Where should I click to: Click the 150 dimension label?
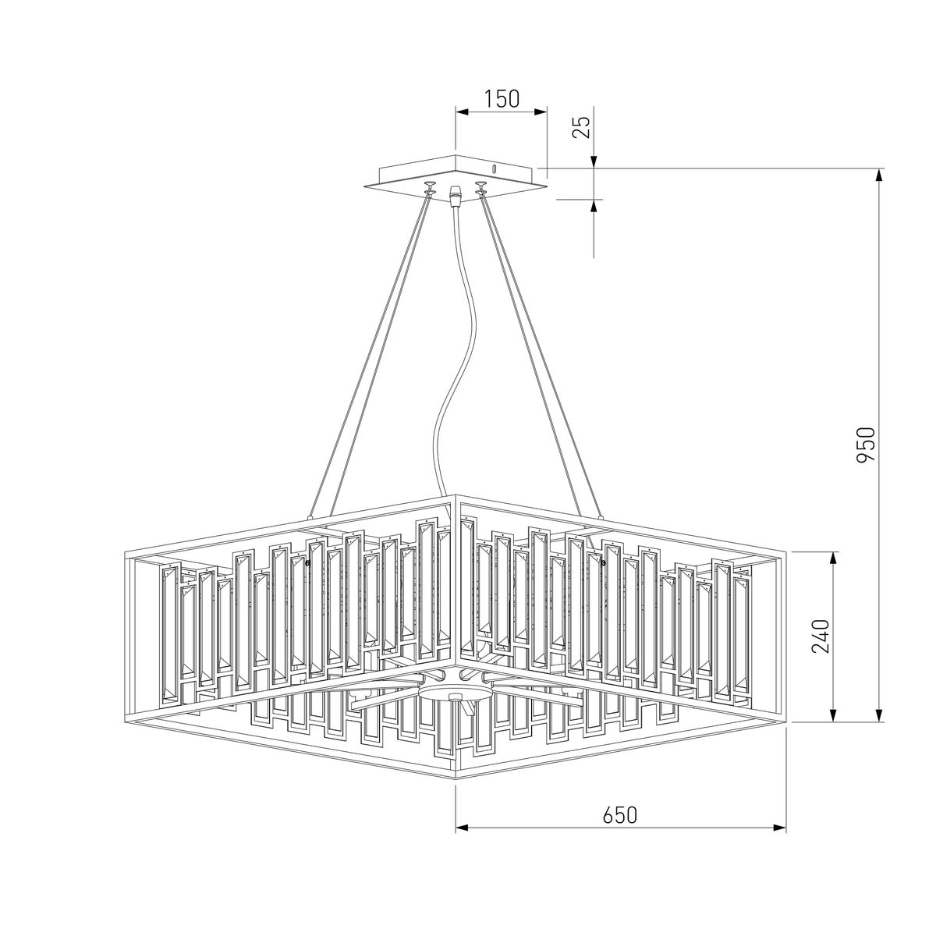pyautogui.click(x=502, y=98)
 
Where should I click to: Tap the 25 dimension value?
pyautogui.click(x=583, y=128)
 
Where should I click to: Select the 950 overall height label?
pyautogui.click(x=865, y=444)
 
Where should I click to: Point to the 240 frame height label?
pyautogui.click(x=821, y=636)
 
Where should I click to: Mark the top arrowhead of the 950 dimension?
pyautogui.click(x=878, y=175)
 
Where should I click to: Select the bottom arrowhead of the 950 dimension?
pyautogui.click(x=878, y=715)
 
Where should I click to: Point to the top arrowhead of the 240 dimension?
pyautogui.click(x=834, y=558)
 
